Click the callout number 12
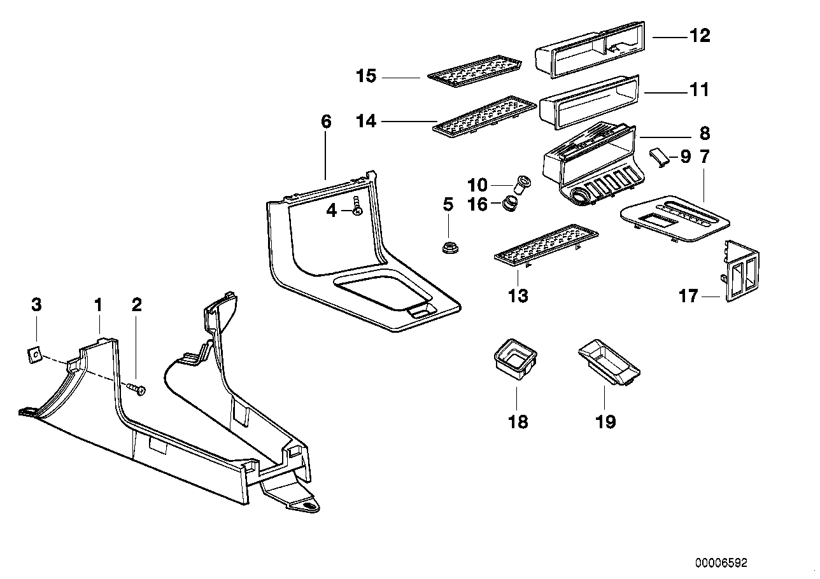coord(699,36)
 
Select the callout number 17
coord(688,296)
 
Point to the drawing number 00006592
coord(721,563)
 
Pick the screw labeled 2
coord(137,389)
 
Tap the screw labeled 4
coord(357,207)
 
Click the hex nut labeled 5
coord(449,246)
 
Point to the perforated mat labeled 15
coord(474,74)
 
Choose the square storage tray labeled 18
coord(516,357)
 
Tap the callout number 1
coord(98,305)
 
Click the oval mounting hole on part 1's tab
coord(309,506)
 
